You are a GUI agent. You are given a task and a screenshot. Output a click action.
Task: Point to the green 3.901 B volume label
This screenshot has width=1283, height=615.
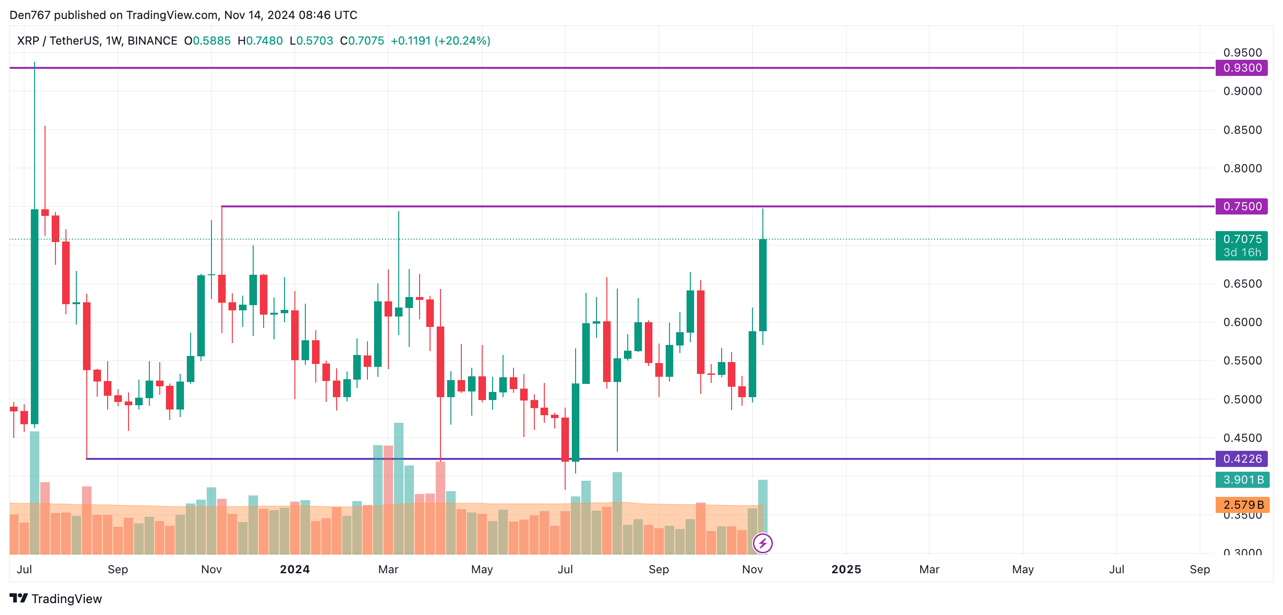click(x=1242, y=479)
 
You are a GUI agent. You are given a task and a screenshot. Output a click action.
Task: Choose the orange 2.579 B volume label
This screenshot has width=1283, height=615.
click(x=1242, y=504)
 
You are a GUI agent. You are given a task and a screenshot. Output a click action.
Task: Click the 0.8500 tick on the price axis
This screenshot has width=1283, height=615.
click(x=1242, y=130)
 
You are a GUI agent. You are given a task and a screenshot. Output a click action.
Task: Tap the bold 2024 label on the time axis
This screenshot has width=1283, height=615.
click(x=295, y=569)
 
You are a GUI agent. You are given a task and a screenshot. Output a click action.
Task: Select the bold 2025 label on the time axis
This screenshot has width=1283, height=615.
click(x=846, y=569)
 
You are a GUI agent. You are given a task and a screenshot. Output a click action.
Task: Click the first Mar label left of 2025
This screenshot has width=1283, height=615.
click(x=388, y=569)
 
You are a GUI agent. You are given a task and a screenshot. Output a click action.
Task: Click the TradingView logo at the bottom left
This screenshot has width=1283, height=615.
click(x=56, y=598)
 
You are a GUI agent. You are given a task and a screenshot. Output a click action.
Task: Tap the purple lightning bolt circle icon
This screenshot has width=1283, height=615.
click(x=762, y=543)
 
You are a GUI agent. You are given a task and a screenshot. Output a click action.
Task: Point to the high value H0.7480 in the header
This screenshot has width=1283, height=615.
click(x=260, y=41)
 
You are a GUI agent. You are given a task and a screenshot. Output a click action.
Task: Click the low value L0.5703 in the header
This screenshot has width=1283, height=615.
click(x=312, y=41)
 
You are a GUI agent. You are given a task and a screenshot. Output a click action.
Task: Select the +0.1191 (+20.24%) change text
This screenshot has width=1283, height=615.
click(x=440, y=41)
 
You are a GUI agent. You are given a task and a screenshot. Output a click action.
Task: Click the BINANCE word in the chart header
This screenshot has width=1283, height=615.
click(x=152, y=41)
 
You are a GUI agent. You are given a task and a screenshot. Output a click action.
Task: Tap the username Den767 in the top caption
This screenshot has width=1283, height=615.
click(x=30, y=15)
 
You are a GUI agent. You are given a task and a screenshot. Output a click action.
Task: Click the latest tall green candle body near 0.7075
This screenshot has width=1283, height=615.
click(x=762, y=285)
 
